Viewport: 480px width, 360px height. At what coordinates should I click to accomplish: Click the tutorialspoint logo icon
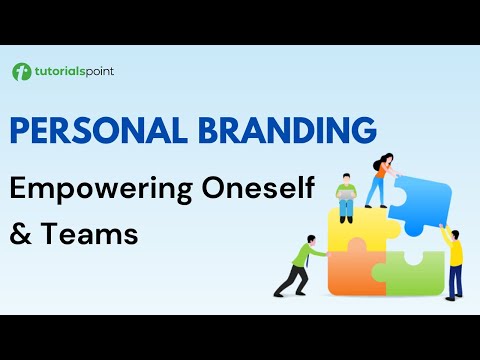[21, 72]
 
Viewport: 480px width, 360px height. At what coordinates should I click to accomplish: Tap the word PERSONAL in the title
[94, 130]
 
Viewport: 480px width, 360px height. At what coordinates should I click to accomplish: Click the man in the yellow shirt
[455, 260]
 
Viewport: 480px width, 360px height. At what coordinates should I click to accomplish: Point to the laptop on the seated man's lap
[347, 199]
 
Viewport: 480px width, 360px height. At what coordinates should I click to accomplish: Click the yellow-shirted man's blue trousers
[455, 282]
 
